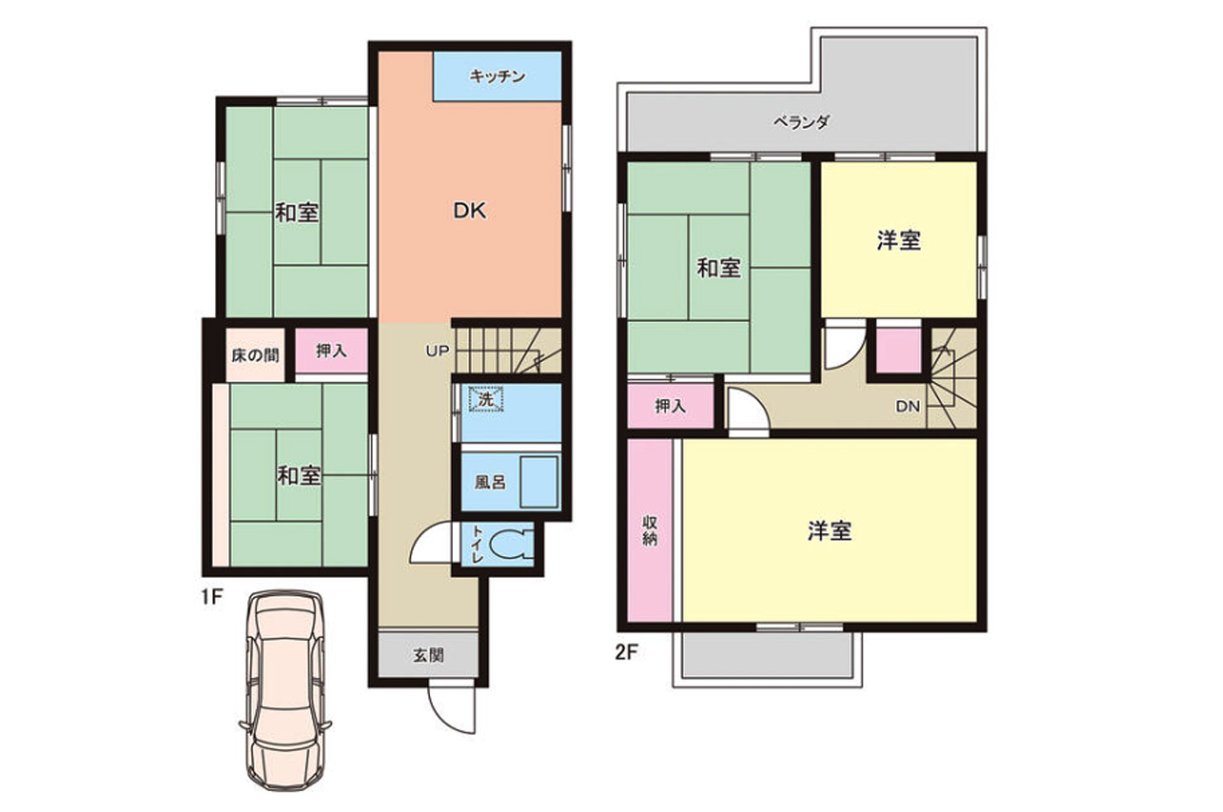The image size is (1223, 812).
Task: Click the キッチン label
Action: pos(497,76)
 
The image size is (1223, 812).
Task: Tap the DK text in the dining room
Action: pos(470,210)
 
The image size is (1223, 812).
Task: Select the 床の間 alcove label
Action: pos(255,355)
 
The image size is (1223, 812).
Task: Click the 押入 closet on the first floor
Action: pos(332,351)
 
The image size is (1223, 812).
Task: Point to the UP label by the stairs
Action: pos(438,352)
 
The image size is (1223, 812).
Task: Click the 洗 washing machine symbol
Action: pos(486,399)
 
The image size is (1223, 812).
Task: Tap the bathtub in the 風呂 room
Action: pos(540,482)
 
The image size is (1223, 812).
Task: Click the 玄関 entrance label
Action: pos(428,655)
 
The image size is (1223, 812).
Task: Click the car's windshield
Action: pos(285,654)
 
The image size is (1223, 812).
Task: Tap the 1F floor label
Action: pos(212,598)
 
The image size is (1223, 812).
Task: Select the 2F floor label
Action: pos(626,652)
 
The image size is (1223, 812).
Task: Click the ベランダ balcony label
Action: pos(801,122)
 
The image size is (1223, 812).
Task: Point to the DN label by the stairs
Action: pos(908,407)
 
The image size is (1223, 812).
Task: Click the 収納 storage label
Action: pos(649,530)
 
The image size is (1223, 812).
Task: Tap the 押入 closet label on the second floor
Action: pos(670,406)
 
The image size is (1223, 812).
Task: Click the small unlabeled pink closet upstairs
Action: pos(899,351)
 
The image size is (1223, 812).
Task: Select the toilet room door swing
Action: pos(433,542)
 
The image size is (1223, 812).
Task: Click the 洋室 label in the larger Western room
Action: pos(829,531)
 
